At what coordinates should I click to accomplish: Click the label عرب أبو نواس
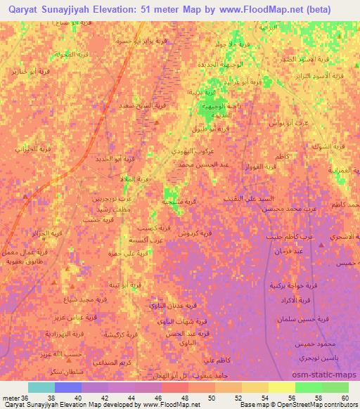[284, 123]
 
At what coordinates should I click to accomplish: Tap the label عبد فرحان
[289, 250]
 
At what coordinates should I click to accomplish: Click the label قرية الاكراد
[295, 300]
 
